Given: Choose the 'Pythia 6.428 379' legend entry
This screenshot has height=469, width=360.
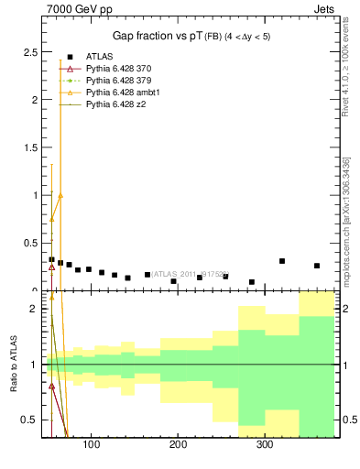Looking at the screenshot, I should coord(123,81).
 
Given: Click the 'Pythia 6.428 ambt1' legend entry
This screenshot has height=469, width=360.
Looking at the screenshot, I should coord(125,93).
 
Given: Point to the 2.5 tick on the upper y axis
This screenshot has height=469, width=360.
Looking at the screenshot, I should coord(31,51).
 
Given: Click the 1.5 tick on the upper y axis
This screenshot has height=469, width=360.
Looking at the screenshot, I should coord(31,147).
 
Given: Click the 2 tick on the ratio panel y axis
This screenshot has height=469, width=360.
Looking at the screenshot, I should coord(34,309).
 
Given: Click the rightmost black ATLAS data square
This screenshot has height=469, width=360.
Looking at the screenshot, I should coord(317,266).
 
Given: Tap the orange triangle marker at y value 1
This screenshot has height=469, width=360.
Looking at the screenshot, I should coord(60,195).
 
